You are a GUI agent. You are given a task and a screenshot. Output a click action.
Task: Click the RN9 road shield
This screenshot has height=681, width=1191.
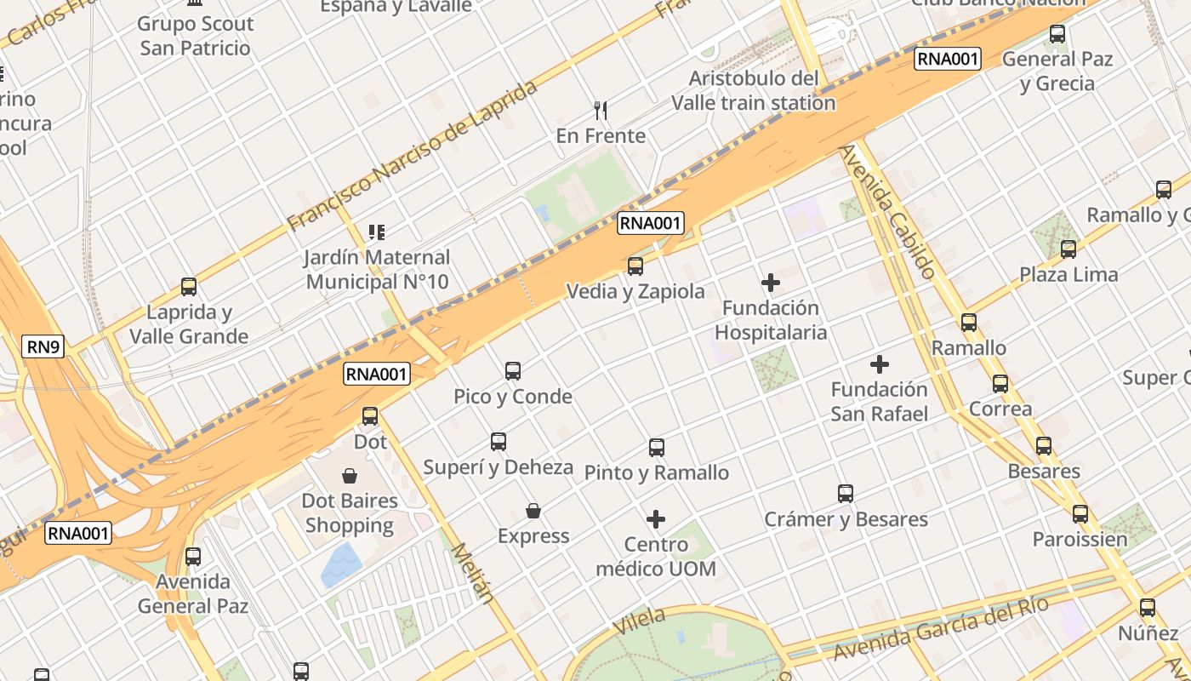pos(43,346)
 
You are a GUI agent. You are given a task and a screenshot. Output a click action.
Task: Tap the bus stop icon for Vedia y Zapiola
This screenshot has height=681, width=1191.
pos(635,266)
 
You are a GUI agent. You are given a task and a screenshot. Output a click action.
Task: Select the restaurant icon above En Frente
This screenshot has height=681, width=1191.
pos(601,110)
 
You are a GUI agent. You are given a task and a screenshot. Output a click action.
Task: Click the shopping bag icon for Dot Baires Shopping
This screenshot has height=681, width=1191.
pos(349,475)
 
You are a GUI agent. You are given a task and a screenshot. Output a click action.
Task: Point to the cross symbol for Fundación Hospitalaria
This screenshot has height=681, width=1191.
pos(771,283)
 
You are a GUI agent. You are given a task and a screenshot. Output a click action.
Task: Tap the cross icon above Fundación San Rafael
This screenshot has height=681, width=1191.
pos(880,365)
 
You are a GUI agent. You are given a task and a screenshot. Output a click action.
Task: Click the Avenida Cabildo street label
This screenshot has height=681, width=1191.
pos(887,212)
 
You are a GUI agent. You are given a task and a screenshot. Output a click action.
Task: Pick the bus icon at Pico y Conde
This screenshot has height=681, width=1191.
pos(513,371)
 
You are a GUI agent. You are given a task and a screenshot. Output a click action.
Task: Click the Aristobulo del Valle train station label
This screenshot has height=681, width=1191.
pos(754,90)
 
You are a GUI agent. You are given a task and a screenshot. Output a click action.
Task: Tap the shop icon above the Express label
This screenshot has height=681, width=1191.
pos(533,511)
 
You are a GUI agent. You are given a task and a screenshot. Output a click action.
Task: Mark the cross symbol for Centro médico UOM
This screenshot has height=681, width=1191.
pos(656,519)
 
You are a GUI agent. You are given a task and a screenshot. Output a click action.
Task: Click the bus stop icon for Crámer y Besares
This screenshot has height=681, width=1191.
pos(846,494)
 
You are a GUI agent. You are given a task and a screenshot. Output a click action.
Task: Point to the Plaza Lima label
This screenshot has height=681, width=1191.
pos(1068,275)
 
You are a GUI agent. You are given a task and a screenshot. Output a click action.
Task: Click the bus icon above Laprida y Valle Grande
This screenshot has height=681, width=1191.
pos(189,287)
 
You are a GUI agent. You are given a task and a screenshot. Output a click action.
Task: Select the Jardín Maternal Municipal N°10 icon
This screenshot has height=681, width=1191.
pos(377,232)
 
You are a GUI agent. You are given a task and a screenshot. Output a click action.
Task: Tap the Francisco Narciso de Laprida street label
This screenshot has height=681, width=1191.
pos(413,156)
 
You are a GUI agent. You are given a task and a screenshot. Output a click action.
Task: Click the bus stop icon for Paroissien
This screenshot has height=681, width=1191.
pos(1080,514)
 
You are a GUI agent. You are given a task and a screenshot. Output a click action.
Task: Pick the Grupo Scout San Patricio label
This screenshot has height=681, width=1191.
pos(195,36)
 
